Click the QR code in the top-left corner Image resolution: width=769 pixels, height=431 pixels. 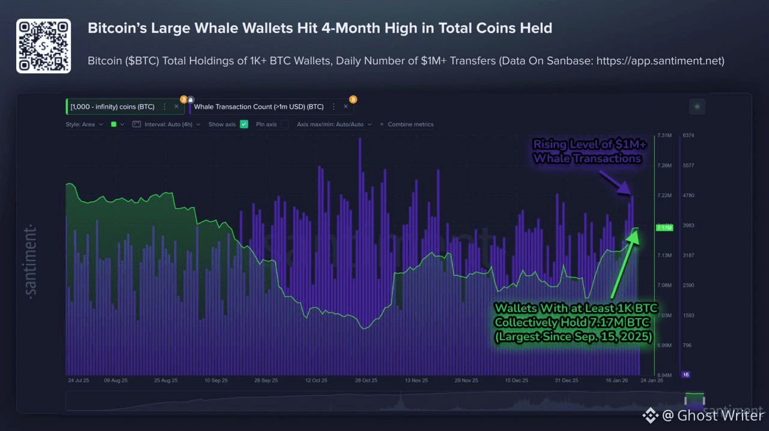click(x=43, y=46)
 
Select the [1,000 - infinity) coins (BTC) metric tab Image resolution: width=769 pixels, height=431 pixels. click(x=112, y=106)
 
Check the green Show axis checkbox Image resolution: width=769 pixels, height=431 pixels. click(x=244, y=124)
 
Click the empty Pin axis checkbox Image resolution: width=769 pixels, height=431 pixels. click(x=285, y=124)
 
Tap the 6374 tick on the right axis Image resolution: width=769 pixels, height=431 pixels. click(x=688, y=135)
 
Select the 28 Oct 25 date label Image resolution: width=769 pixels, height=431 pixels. click(x=366, y=381)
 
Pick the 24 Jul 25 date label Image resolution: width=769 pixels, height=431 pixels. click(x=79, y=381)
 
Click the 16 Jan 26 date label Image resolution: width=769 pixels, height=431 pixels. click(x=616, y=381)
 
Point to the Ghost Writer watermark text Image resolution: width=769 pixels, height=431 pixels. click(x=720, y=415)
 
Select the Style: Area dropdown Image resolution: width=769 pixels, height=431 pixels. click(x=84, y=124)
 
